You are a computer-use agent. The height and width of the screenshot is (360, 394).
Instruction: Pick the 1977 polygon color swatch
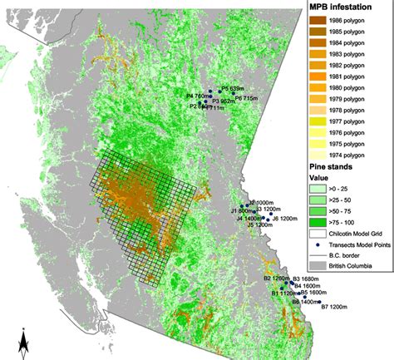[x=313, y=121]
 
